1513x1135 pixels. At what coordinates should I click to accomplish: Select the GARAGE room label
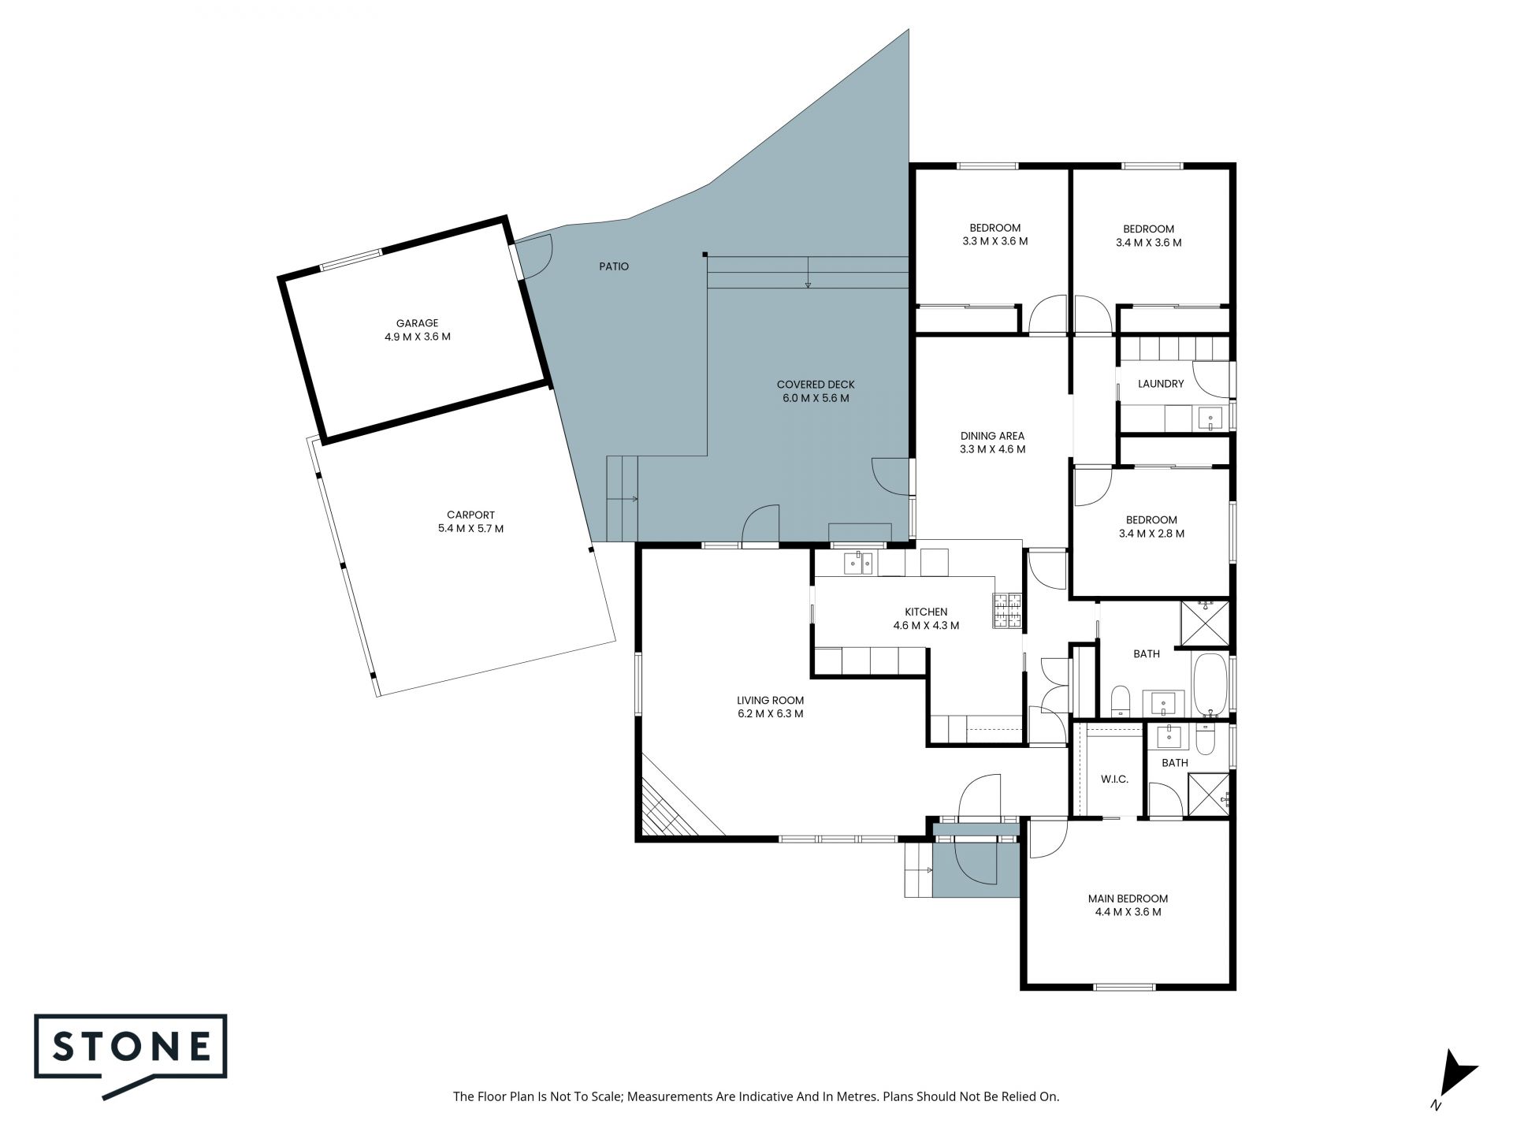coord(417,323)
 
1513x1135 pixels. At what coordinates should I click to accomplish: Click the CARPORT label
coord(470,515)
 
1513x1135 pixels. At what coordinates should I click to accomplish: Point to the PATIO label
coord(614,266)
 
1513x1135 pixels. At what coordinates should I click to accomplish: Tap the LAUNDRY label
coord(1161,384)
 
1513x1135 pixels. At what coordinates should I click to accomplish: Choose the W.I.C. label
coord(1114,780)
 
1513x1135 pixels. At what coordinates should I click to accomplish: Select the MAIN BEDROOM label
coord(1128,899)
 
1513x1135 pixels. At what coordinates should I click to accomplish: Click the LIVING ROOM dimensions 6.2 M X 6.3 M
coord(770,714)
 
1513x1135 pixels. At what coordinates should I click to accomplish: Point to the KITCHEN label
coord(926,612)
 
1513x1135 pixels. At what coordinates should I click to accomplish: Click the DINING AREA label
coord(992,436)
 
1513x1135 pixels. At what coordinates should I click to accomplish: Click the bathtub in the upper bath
coord(1209,683)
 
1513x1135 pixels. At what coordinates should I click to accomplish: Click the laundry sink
coord(1208,418)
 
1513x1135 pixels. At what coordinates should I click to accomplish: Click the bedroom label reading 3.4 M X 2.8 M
coord(1151,533)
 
